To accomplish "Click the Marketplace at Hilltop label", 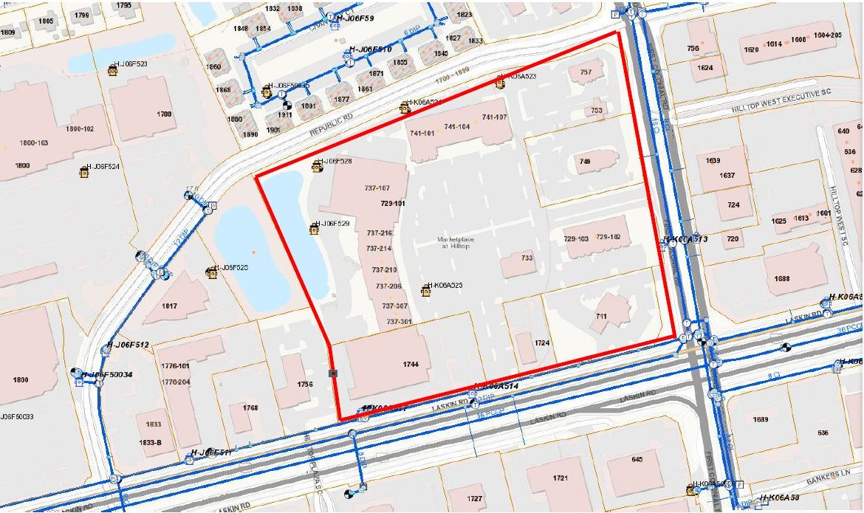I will (453, 242).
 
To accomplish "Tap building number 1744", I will (411, 364).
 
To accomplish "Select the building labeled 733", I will (527, 258).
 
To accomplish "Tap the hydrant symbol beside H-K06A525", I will (426, 291).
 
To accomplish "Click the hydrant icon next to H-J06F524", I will (85, 173).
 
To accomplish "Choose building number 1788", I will (164, 114).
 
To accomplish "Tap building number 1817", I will (169, 306).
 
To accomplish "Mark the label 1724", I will (543, 343).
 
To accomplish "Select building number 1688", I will (782, 279).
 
